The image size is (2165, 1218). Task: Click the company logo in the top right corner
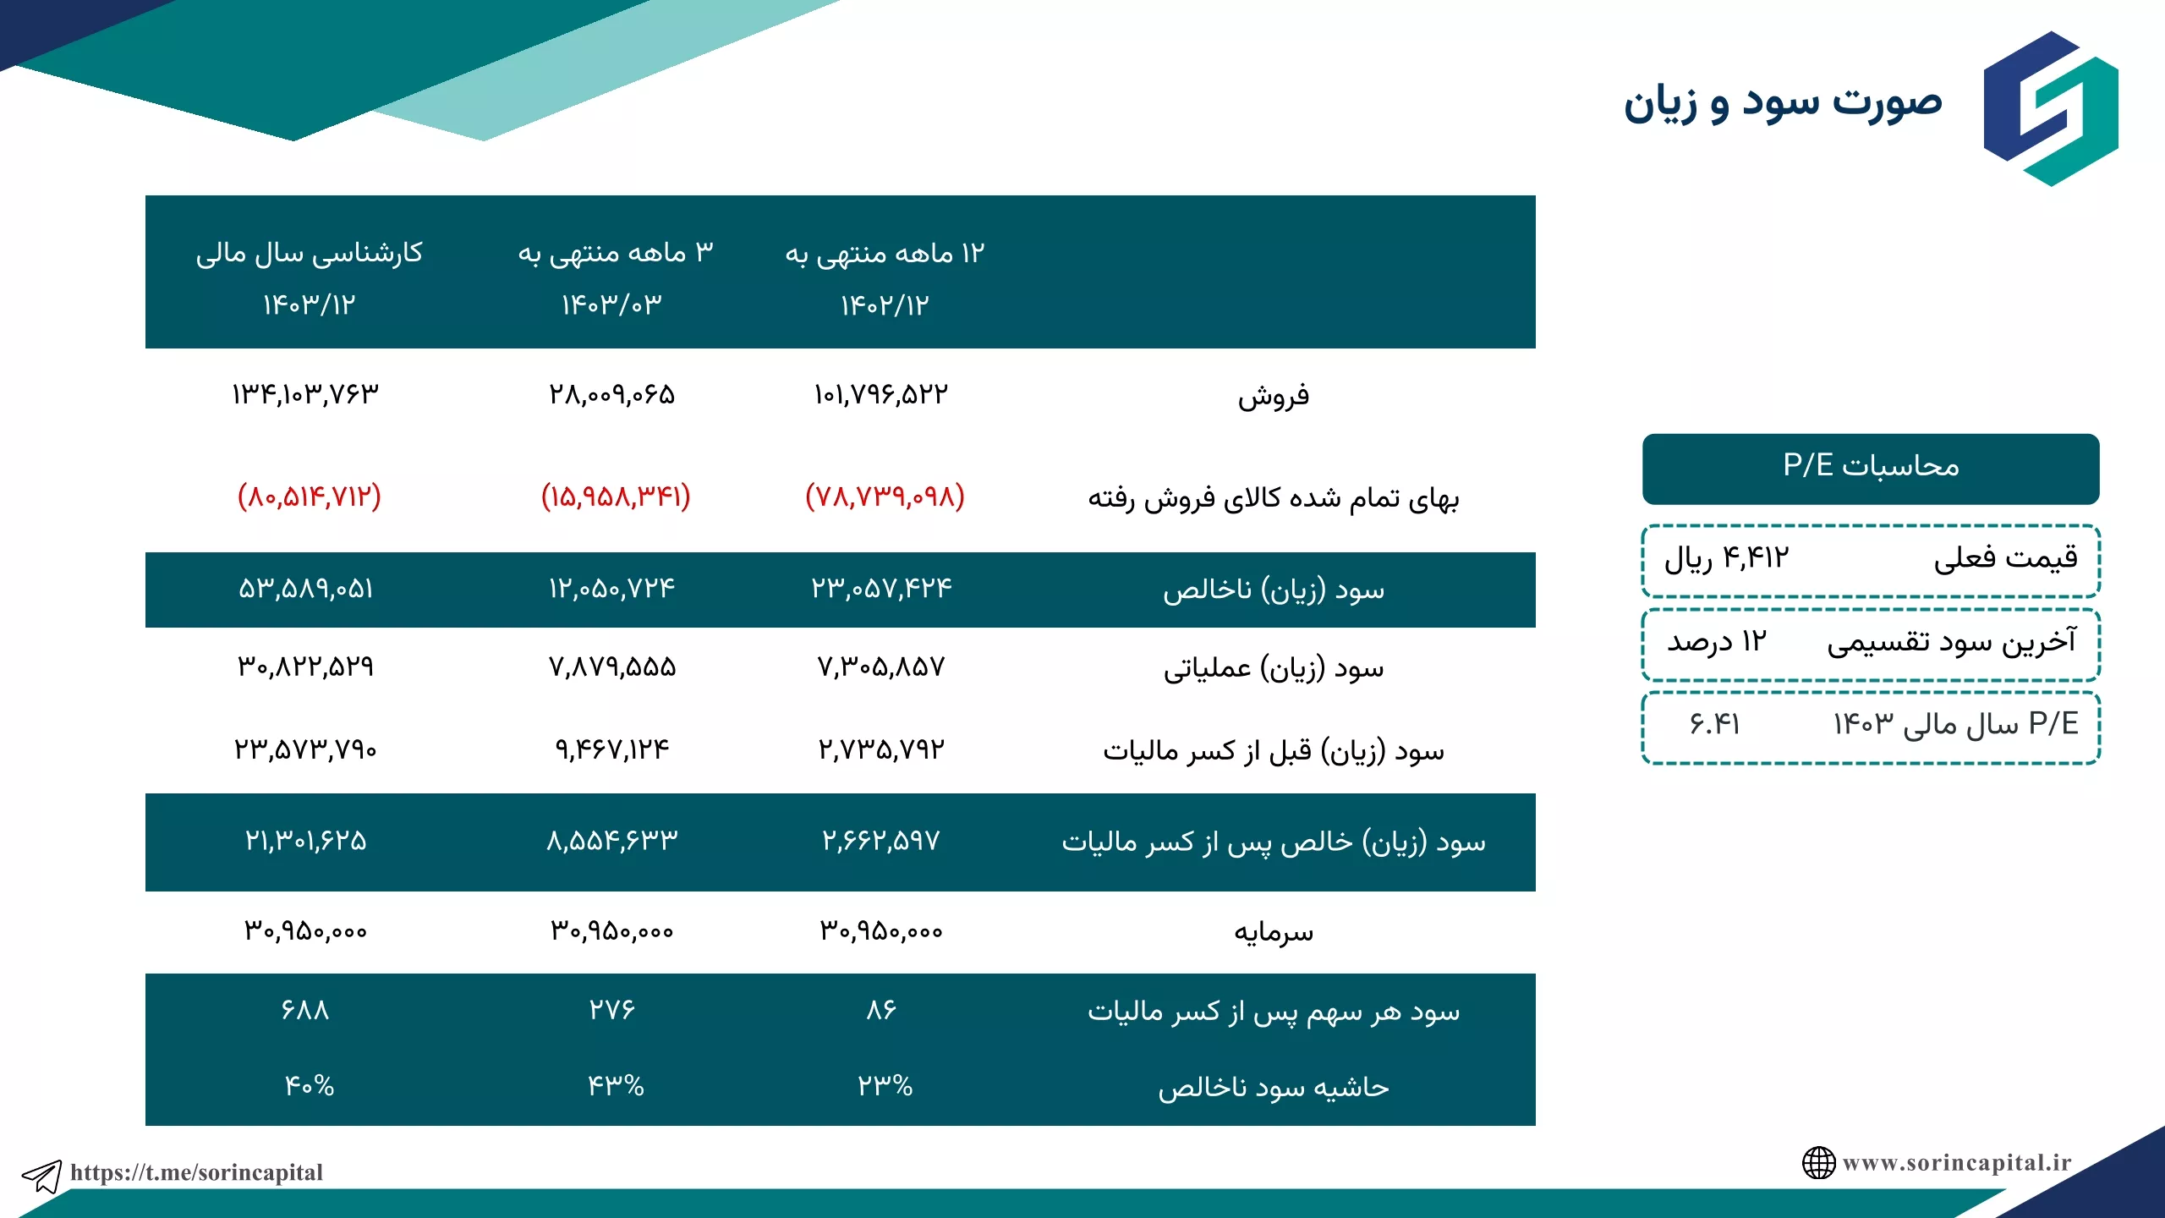point(2051,108)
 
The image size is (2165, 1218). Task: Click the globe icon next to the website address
point(1818,1163)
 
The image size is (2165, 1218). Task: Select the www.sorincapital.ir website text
point(1957,1163)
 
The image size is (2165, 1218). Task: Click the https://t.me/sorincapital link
point(197,1172)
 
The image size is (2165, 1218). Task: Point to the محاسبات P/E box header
point(1871,469)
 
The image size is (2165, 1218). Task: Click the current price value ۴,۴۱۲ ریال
point(1727,558)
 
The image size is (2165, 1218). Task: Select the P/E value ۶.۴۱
point(1714,724)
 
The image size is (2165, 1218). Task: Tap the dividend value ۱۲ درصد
point(1717,641)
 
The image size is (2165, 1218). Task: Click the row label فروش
point(1274,396)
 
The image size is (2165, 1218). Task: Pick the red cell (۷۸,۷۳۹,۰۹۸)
point(885,497)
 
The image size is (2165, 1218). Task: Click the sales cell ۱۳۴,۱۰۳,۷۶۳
point(305,394)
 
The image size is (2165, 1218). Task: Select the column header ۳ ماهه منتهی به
point(616,252)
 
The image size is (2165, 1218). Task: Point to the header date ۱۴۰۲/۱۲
point(885,305)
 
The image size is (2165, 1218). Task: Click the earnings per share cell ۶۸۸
point(305,1010)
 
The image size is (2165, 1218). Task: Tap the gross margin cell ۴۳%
point(616,1086)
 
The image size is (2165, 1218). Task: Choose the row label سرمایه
point(1274,932)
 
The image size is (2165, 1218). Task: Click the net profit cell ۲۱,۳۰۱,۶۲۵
point(305,841)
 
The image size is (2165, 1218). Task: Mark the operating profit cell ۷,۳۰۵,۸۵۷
point(881,667)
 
